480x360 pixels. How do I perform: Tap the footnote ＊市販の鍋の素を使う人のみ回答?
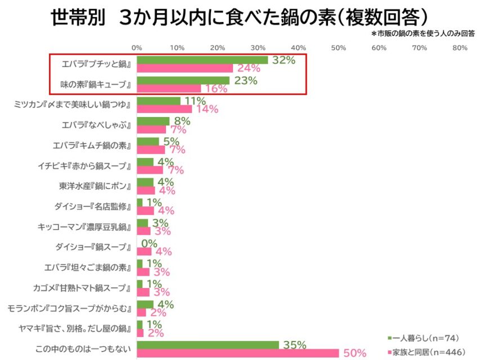423,34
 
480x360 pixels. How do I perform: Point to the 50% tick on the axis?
339,48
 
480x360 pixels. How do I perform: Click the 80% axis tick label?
460,48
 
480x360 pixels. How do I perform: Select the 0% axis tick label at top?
137,48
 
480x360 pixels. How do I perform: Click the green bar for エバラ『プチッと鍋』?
202,60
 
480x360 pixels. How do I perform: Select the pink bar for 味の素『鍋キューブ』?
169,88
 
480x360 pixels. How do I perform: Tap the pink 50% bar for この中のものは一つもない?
237,353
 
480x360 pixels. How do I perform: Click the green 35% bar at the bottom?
208,344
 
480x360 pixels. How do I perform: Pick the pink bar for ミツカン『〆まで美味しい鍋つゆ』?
164,109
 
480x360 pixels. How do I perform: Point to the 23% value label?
245,80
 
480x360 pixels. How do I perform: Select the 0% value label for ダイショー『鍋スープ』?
149,243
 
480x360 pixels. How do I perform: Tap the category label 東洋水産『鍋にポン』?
95,186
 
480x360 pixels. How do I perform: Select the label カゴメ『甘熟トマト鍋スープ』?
82,288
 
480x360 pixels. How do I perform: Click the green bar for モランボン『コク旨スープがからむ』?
145,304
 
